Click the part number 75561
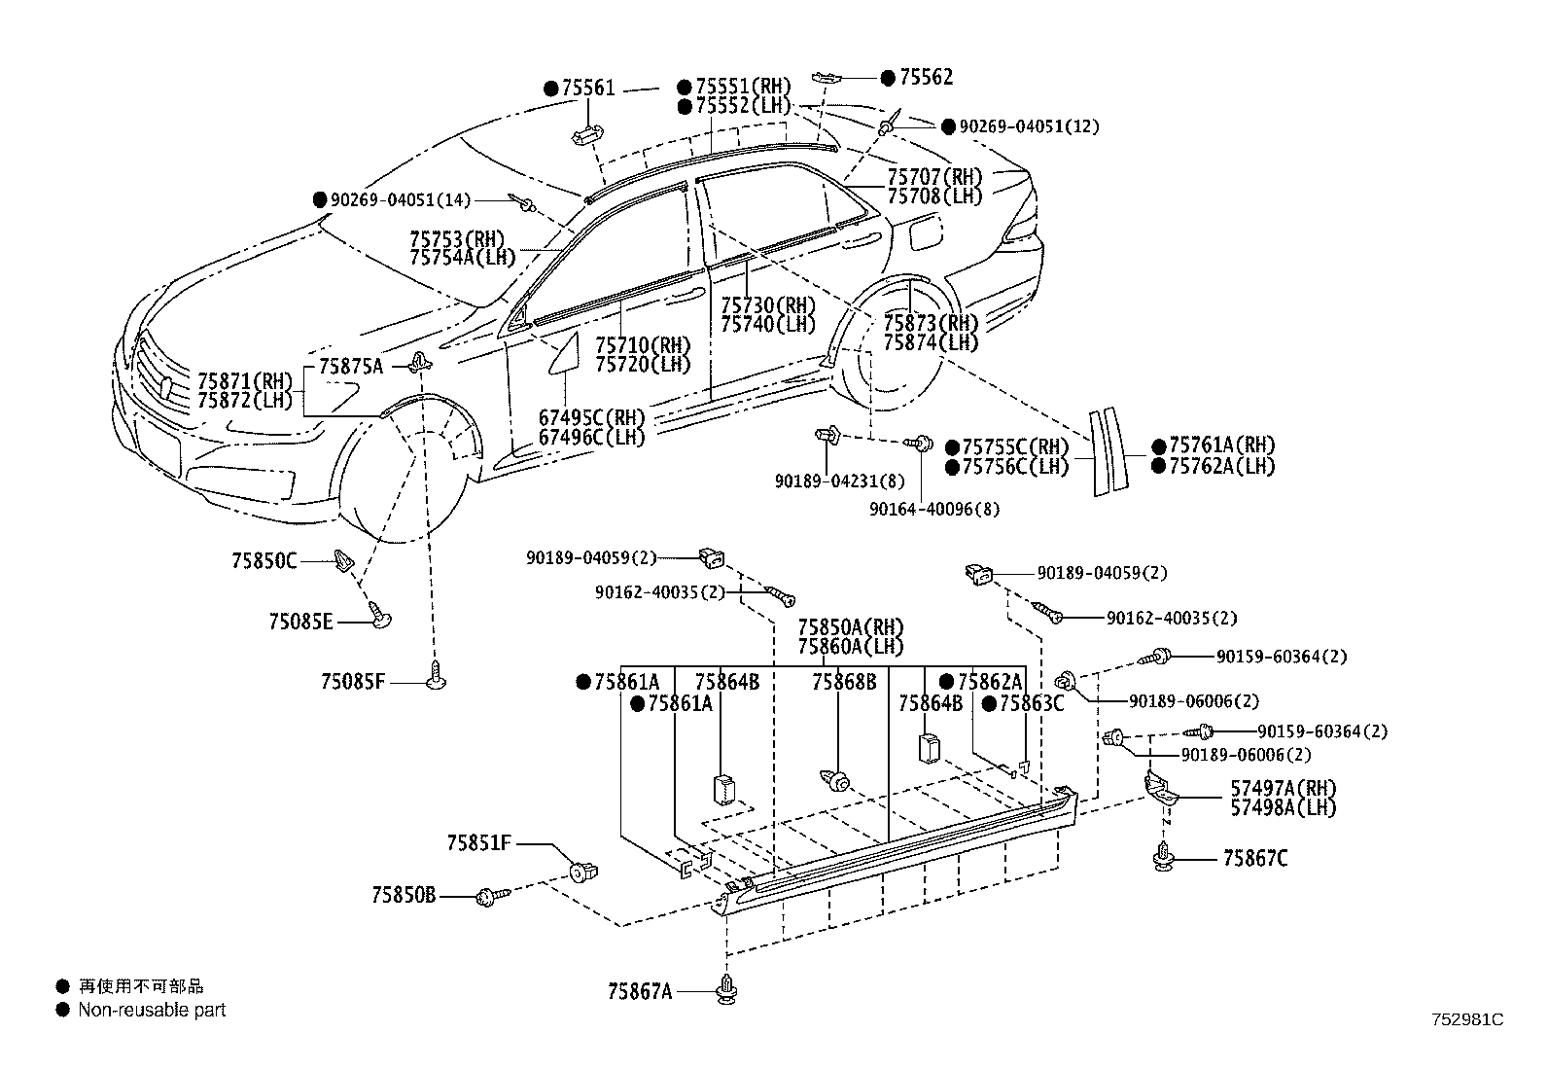tap(587, 89)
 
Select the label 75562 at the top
tap(925, 77)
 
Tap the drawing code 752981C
tap(1466, 1019)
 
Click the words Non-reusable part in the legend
tap(152, 1010)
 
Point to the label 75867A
tap(640, 991)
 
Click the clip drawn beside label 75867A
tap(726, 990)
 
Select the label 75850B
tap(403, 894)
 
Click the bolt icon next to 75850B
tap(491, 894)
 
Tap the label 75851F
tap(479, 843)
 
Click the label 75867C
tap(1254, 858)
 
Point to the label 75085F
tap(353, 681)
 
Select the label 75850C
tap(264, 560)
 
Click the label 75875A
tap(351, 366)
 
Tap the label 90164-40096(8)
tap(934, 509)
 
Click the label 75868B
tap(844, 681)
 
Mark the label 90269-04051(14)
tap(400, 199)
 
